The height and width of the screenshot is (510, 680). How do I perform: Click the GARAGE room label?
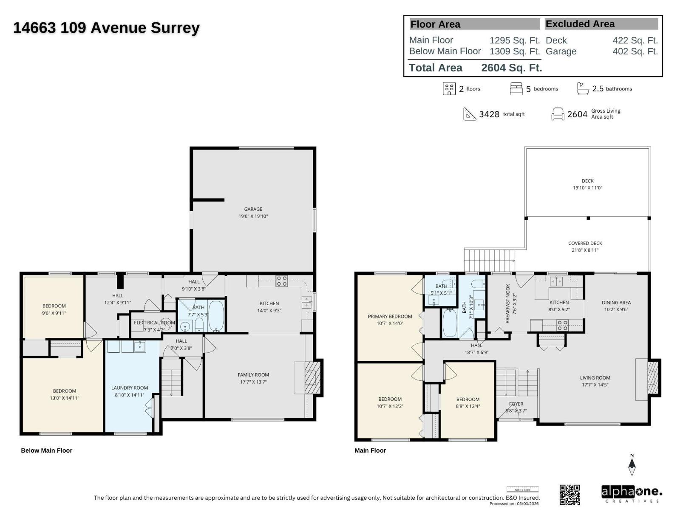pyautogui.click(x=253, y=212)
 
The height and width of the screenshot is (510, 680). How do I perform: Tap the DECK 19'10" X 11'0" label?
pyautogui.click(x=587, y=184)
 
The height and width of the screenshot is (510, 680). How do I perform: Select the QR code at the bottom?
pyautogui.click(x=569, y=495)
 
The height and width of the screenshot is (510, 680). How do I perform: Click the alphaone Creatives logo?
pyautogui.click(x=632, y=494)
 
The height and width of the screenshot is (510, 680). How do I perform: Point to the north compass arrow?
pyautogui.click(x=632, y=465)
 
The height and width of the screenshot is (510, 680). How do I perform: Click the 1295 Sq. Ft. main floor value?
pyautogui.click(x=514, y=40)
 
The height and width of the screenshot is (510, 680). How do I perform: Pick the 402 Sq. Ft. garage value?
pyautogui.click(x=635, y=51)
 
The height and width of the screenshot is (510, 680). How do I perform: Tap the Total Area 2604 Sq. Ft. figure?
pyautogui.click(x=511, y=68)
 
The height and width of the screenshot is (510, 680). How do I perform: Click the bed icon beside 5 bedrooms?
pyautogui.click(x=516, y=88)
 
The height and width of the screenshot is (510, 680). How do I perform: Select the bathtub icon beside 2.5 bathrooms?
pyautogui.click(x=583, y=88)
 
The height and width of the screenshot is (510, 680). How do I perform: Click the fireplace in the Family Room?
pyautogui.click(x=313, y=377)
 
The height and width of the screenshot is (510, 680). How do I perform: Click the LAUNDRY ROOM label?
pyautogui.click(x=130, y=391)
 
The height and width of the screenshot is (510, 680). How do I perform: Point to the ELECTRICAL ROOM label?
pyautogui.click(x=154, y=326)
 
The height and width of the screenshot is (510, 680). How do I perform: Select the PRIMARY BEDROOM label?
pyautogui.click(x=390, y=320)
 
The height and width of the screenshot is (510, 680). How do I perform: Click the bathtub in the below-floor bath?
pyautogui.click(x=216, y=316)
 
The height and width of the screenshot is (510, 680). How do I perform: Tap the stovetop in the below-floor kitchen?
pyautogui.click(x=282, y=280)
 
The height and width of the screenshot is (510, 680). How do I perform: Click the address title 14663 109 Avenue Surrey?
pyautogui.click(x=106, y=28)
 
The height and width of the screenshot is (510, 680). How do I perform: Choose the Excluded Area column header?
pyautogui.click(x=580, y=24)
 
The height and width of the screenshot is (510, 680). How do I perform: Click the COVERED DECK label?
pyautogui.click(x=585, y=246)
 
